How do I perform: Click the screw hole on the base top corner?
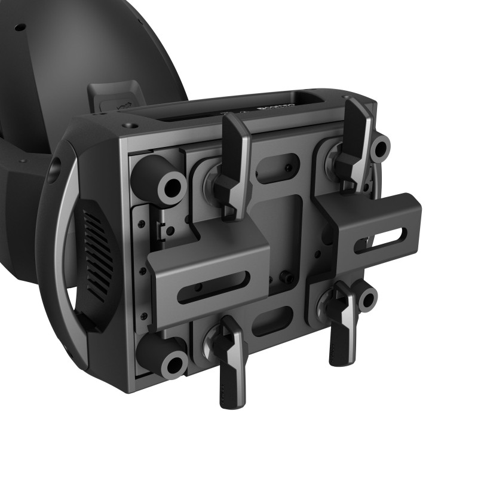[128, 126]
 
